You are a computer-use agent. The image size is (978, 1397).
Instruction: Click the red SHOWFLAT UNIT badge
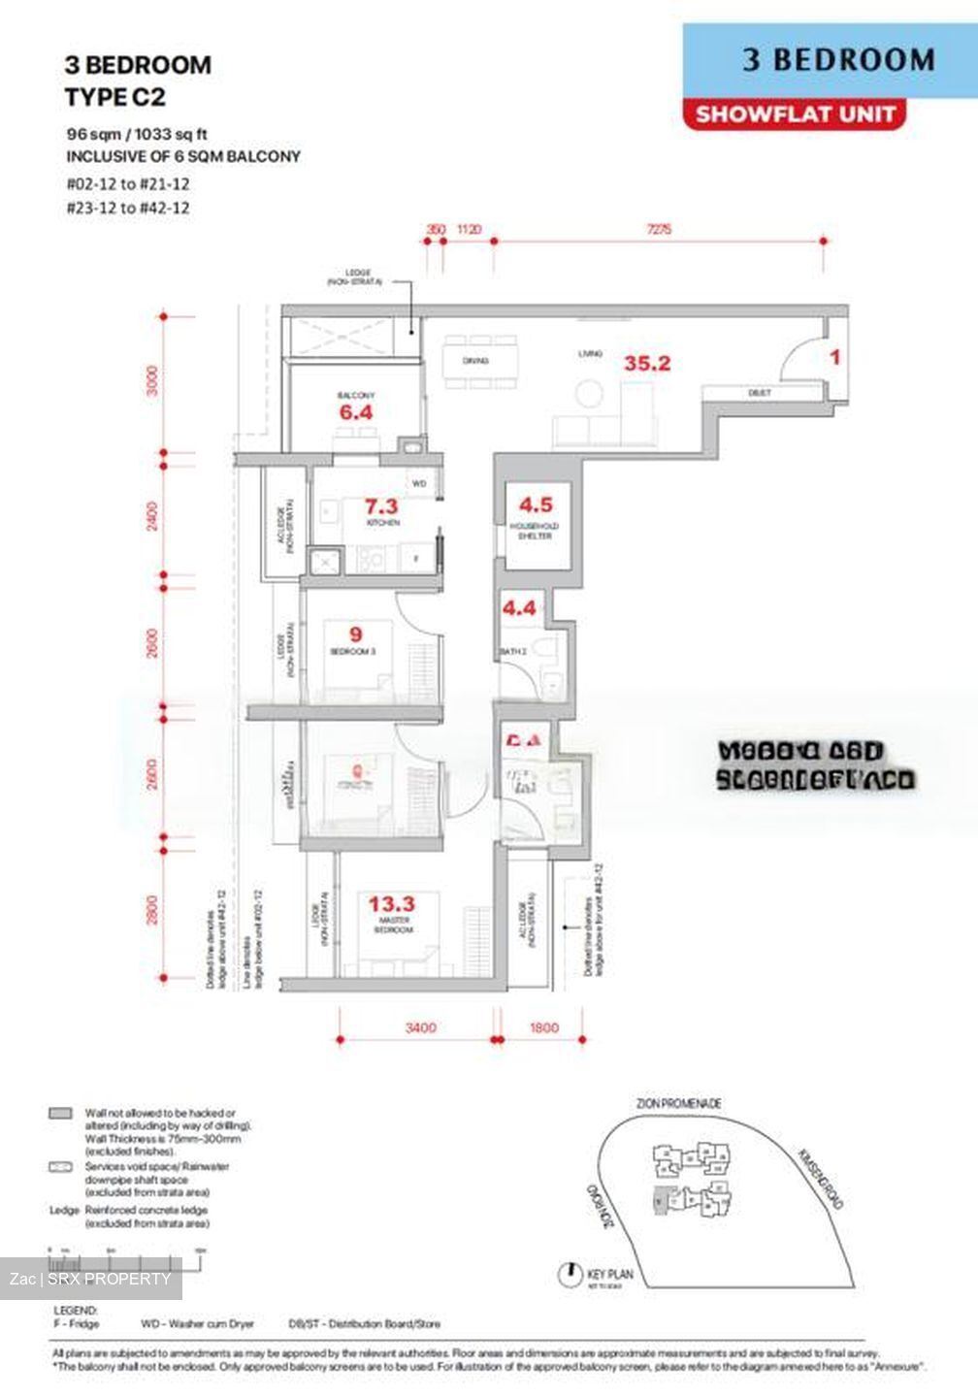(x=795, y=114)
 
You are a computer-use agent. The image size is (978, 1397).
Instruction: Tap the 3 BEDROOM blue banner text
(x=838, y=60)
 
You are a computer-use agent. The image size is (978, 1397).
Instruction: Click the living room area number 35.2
(x=647, y=364)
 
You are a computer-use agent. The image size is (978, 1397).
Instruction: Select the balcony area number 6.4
(x=355, y=412)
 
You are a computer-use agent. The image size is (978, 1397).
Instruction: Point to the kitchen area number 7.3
(x=380, y=506)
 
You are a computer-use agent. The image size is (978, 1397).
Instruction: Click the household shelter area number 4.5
(x=535, y=504)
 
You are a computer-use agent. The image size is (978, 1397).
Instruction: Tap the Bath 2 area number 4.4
(x=518, y=608)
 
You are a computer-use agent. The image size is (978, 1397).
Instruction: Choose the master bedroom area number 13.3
(x=391, y=904)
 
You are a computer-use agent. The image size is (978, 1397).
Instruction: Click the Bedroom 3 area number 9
(x=355, y=635)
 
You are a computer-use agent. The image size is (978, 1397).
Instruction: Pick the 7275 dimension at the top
(x=658, y=230)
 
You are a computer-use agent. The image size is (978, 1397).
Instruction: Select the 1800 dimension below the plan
(x=544, y=1027)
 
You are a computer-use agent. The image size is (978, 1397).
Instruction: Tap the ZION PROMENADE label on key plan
(x=679, y=1104)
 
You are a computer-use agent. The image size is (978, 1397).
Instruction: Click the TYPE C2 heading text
(x=114, y=97)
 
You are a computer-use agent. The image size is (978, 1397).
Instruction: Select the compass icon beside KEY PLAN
(x=570, y=1274)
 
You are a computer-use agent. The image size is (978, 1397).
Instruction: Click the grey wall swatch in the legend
(x=60, y=1114)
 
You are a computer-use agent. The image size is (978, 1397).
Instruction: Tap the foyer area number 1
(x=834, y=357)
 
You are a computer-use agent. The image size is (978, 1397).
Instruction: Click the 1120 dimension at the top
(x=468, y=230)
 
